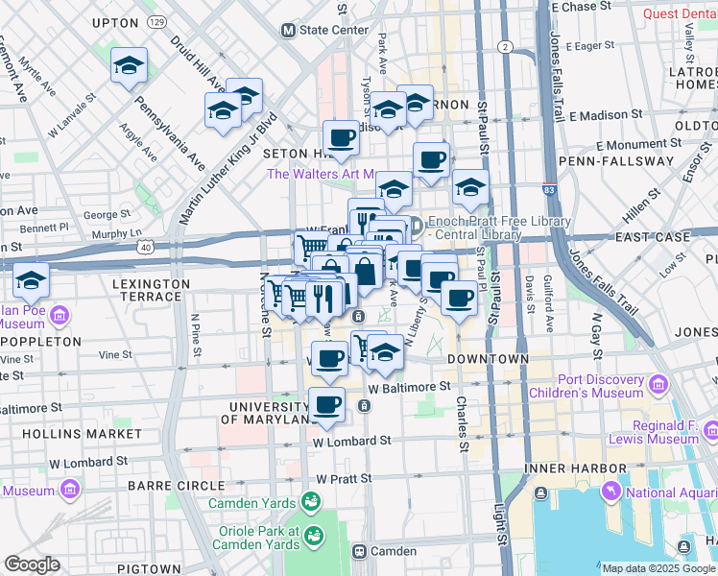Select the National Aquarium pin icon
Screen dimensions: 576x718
[x=610, y=492]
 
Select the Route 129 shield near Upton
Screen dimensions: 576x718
[x=156, y=21]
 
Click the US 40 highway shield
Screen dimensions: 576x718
[x=144, y=248]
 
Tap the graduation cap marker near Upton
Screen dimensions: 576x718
[x=129, y=66]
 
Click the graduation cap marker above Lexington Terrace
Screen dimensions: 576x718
[x=31, y=282]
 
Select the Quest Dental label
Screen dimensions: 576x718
[x=678, y=13]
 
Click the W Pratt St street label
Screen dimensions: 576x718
[x=344, y=478]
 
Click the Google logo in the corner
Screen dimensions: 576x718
[x=32, y=564]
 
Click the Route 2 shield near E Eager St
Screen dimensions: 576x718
[x=505, y=47]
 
